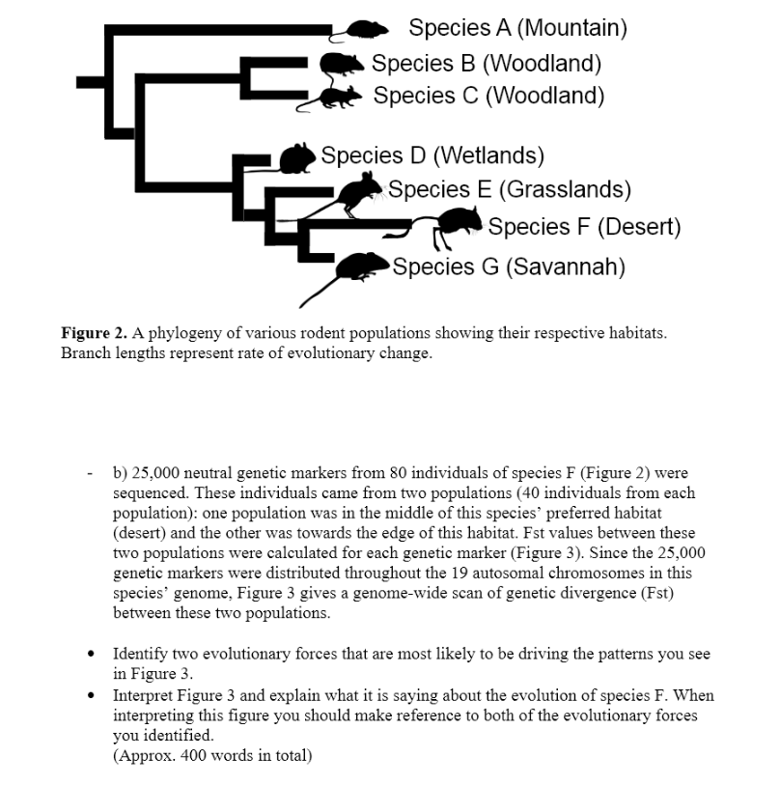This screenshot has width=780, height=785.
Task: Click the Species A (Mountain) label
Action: tap(517, 28)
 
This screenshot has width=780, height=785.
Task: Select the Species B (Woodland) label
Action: tap(487, 64)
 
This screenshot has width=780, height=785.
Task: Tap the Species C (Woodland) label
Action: tap(488, 96)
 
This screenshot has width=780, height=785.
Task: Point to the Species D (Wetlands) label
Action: tap(432, 155)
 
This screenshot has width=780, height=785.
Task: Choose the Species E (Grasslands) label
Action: tap(510, 189)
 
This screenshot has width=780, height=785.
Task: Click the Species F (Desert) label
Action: tap(584, 227)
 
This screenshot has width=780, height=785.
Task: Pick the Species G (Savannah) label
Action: tap(509, 266)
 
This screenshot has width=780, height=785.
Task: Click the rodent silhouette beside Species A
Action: tap(364, 32)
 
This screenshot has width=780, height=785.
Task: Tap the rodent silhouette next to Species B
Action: tap(343, 66)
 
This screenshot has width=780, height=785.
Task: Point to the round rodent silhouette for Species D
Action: tap(297, 157)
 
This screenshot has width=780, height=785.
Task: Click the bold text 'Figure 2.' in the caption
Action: tap(95, 333)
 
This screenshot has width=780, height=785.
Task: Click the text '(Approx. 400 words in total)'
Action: tap(212, 755)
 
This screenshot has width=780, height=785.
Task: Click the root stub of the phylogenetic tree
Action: tap(90, 82)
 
